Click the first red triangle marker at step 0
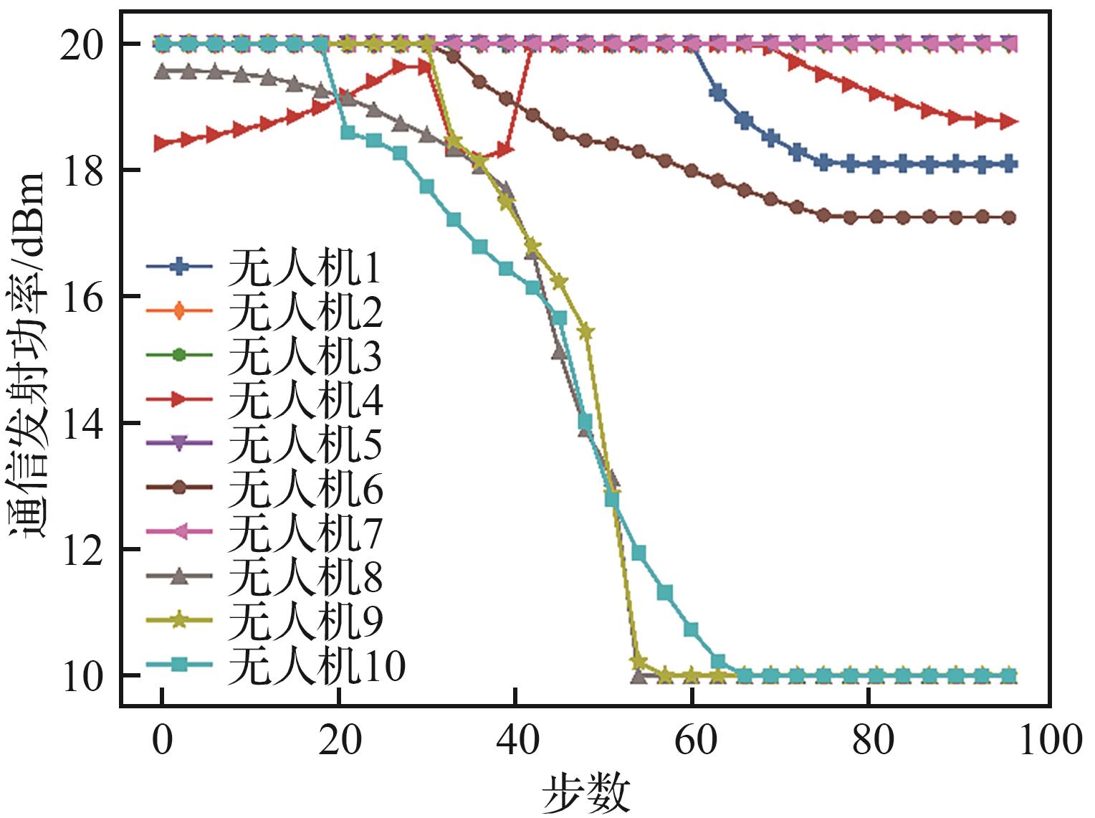pos(163,144)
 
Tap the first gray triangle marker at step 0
pos(163,71)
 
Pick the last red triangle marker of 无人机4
pos(1008,121)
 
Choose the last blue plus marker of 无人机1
pos(1008,164)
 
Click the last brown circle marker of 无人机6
pos(1008,217)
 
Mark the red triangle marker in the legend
pos(180,399)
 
